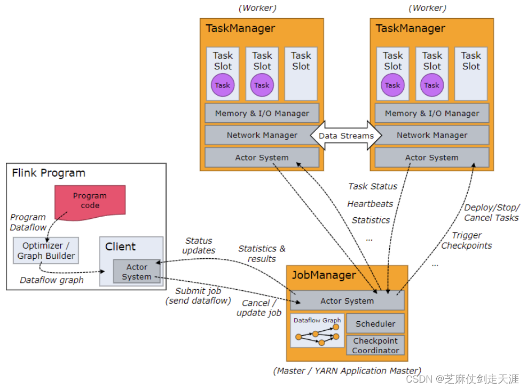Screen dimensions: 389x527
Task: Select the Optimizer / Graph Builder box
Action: coord(46,251)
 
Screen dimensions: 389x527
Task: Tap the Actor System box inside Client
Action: coord(137,271)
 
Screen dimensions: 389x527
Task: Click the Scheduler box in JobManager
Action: coord(375,323)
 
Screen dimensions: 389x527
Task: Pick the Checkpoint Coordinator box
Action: coord(375,345)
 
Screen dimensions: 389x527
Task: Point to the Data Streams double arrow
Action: coord(346,136)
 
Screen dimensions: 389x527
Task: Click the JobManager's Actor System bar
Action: coord(347,301)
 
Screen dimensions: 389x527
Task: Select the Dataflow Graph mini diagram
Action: coord(317,331)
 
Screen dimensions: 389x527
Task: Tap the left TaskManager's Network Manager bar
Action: coord(262,136)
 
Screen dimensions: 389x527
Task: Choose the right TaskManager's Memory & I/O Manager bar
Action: coord(432,113)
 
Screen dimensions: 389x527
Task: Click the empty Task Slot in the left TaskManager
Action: coord(301,74)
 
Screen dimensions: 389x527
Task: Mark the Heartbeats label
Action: coord(370,203)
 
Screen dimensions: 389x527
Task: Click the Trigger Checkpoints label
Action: coord(467,240)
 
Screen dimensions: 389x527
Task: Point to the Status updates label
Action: coord(199,245)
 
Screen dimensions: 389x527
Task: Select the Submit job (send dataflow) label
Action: coord(198,296)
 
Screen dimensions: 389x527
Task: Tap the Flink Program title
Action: coord(49,173)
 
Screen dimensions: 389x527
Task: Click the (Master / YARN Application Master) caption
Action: coord(347,370)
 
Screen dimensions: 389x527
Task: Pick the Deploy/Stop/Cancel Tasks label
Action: coord(492,212)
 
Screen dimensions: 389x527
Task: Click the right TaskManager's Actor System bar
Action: coord(432,158)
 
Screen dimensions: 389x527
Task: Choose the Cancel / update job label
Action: coord(259,308)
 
